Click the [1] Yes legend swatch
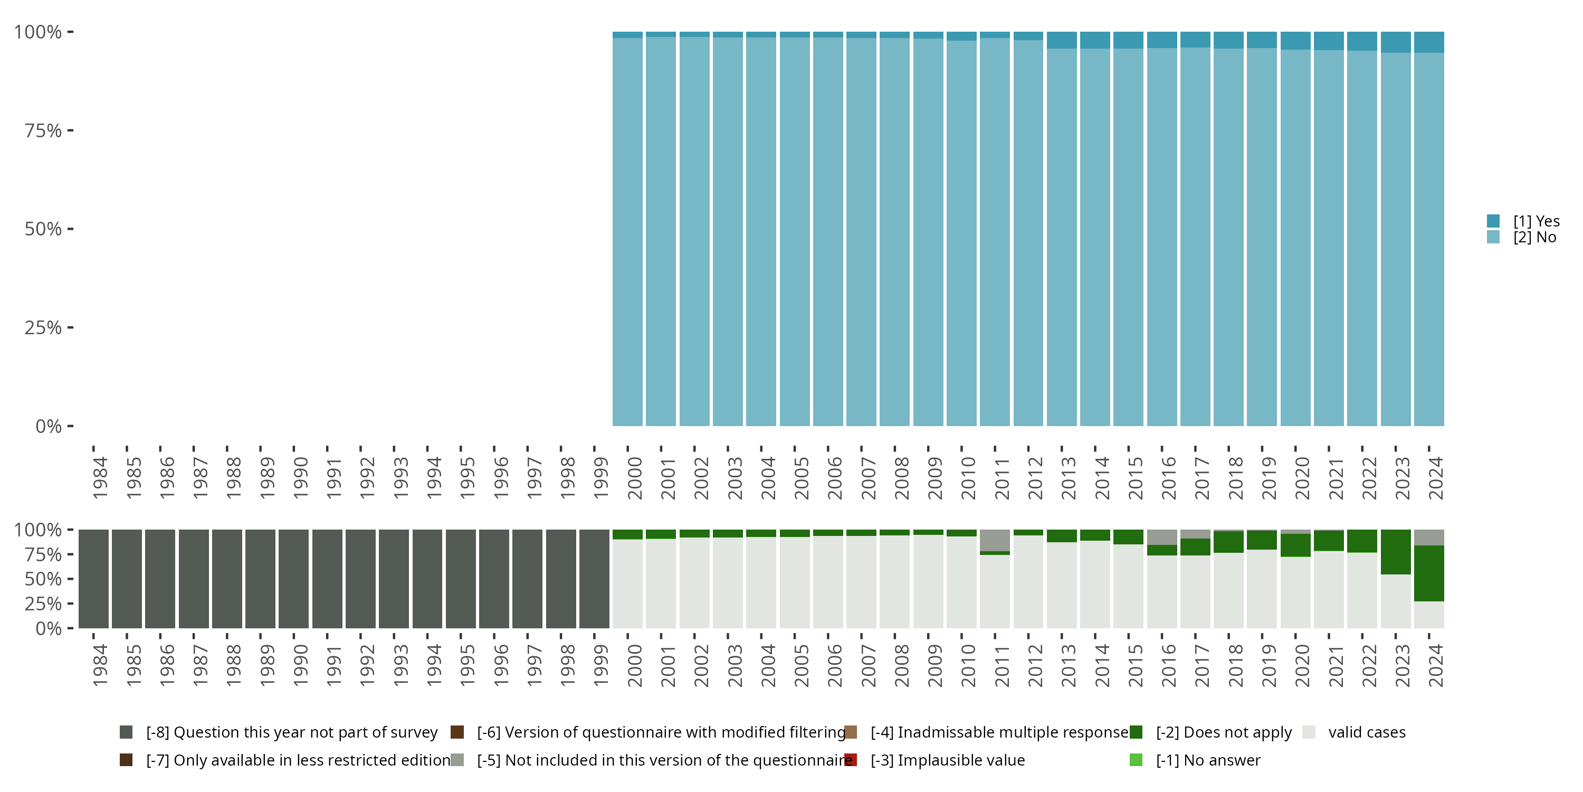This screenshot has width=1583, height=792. click(x=1493, y=221)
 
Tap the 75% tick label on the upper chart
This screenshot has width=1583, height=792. click(x=43, y=130)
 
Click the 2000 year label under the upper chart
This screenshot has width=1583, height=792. click(x=634, y=478)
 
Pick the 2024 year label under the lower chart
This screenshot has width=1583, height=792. click(x=1435, y=666)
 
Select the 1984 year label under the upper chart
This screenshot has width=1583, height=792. click(x=100, y=478)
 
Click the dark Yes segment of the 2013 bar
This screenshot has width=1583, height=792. click(x=1062, y=40)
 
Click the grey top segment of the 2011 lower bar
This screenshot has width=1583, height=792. click(x=995, y=540)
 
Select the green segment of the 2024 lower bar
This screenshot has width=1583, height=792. click(x=1429, y=573)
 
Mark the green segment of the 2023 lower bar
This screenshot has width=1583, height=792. click(x=1396, y=552)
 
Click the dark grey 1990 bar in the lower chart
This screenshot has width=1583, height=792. click(x=294, y=579)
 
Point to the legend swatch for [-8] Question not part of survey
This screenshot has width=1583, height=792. click(x=126, y=732)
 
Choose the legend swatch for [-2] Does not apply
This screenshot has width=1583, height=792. click(x=1136, y=732)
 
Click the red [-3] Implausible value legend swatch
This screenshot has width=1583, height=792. click(x=851, y=760)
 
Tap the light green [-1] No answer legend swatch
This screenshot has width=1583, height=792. click(x=1136, y=760)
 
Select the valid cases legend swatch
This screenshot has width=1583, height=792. click(x=1309, y=732)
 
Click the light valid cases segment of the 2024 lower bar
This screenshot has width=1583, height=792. click(x=1429, y=615)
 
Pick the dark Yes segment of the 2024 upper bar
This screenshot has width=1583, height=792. click(x=1429, y=42)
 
